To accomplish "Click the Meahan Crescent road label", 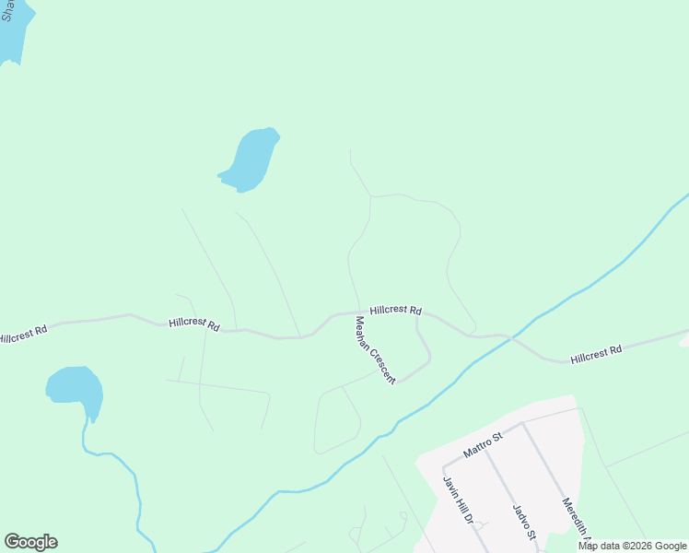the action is tap(375, 350).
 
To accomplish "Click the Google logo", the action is tap(30, 542).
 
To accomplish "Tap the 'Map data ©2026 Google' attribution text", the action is tap(632, 546).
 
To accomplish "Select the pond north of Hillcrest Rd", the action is tap(251, 159).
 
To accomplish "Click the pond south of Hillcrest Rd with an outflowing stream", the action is tap(76, 388).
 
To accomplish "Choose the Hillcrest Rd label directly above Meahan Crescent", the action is tap(395, 311).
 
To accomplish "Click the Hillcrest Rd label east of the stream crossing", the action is tap(596, 351).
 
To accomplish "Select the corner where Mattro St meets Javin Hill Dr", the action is tap(444, 466).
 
